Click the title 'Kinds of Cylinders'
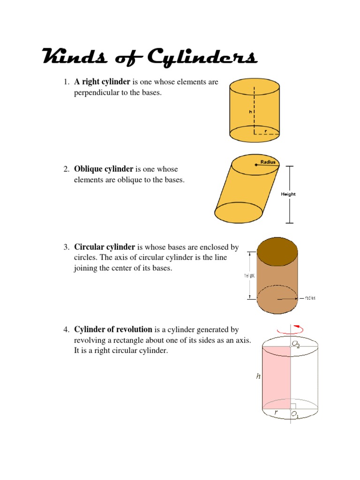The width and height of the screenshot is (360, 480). (x=150, y=58)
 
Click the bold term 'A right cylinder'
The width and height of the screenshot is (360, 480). (x=102, y=82)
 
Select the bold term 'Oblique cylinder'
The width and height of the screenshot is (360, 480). (x=104, y=169)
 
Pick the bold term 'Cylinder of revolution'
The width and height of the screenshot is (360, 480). (x=113, y=330)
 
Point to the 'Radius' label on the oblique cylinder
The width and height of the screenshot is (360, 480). (x=269, y=162)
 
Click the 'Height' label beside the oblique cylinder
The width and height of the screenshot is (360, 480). (x=288, y=194)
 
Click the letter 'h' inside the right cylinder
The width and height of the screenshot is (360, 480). (x=251, y=112)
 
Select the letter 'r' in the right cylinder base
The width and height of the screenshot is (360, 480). (x=265, y=131)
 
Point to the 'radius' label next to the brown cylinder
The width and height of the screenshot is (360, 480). (x=310, y=298)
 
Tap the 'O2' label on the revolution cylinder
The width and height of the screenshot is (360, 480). (x=296, y=345)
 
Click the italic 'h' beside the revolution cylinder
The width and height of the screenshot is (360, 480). (x=258, y=376)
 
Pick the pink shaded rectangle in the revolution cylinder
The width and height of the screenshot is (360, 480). (x=277, y=375)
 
